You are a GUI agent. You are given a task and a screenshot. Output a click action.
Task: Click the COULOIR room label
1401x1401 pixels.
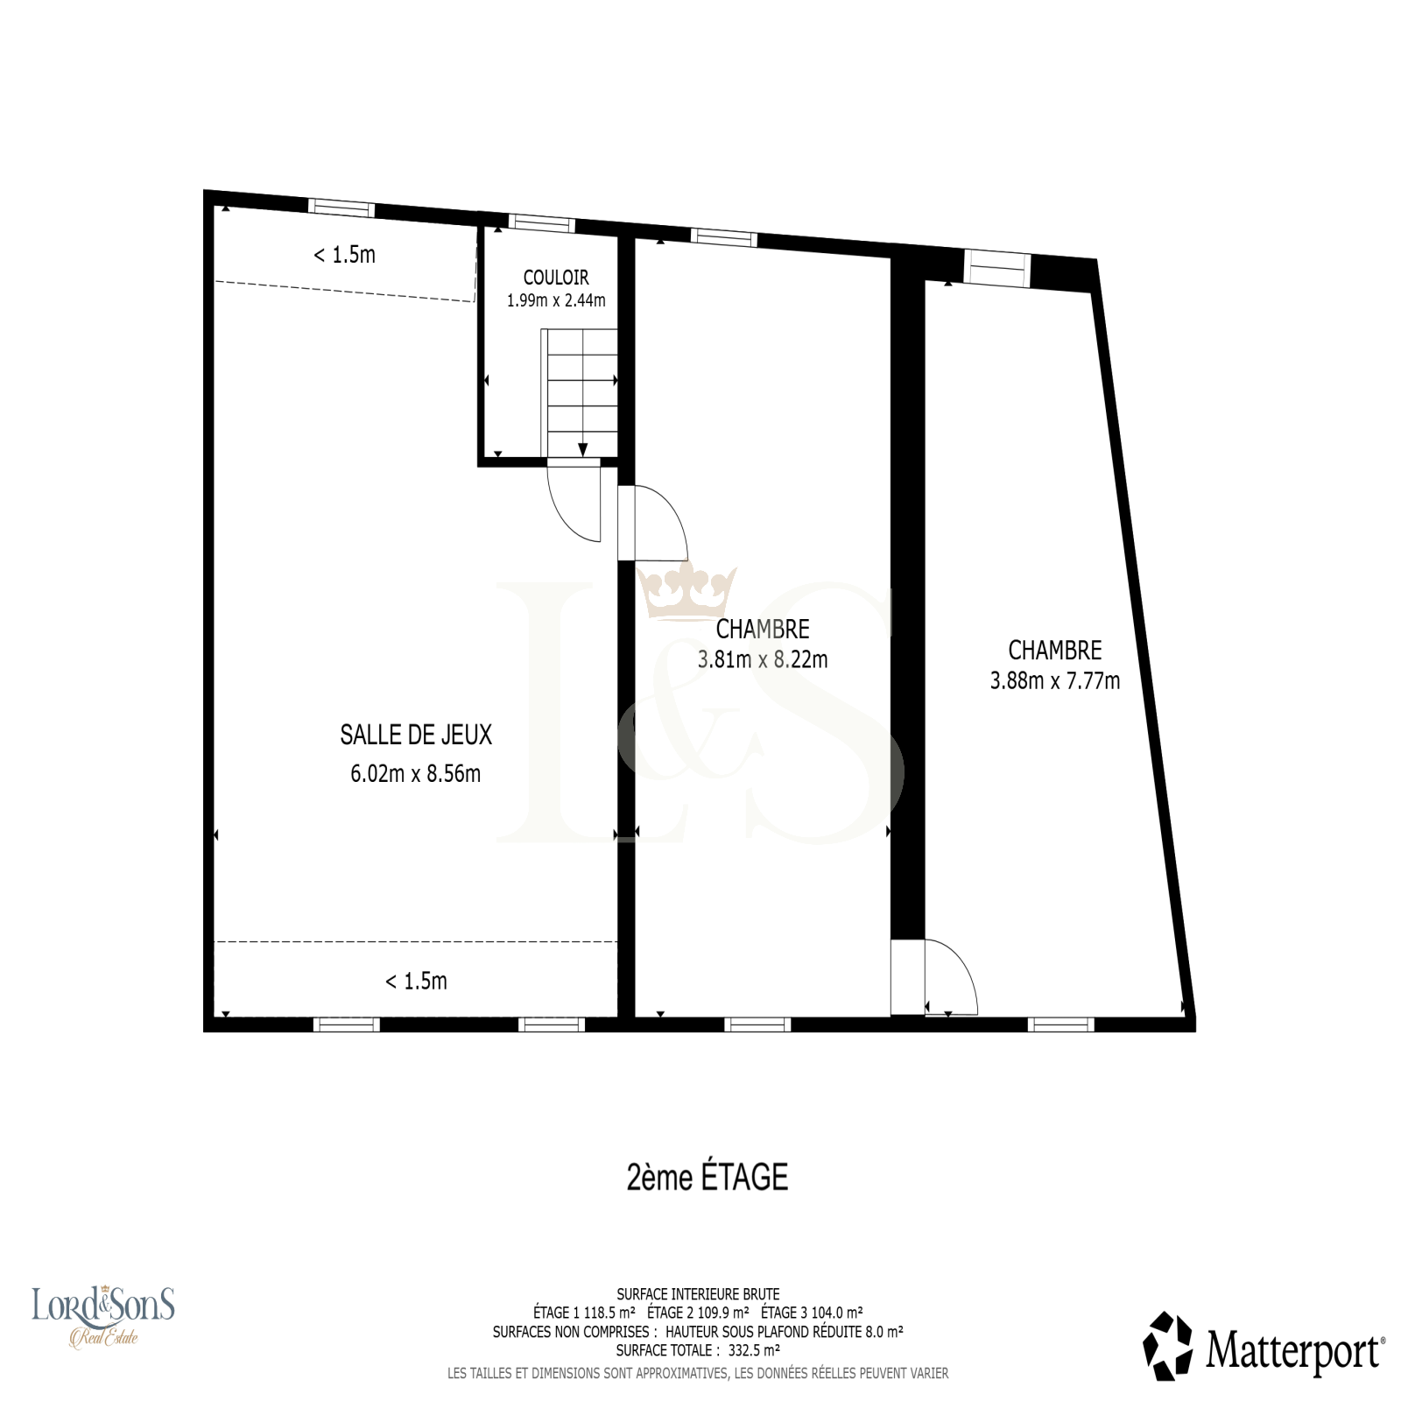(556, 278)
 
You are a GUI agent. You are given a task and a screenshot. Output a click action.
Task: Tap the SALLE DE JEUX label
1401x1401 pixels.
(416, 735)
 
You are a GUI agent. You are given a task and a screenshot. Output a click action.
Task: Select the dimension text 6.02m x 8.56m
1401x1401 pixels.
(416, 774)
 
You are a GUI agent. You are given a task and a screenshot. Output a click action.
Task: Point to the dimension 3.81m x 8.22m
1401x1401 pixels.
(763, 659)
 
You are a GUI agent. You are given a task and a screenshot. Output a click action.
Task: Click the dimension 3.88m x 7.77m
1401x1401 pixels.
(1055, 680)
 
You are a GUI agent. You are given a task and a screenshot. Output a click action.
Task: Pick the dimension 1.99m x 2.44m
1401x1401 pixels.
(556, 300)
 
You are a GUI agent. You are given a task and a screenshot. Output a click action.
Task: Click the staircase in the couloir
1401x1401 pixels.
(580, 393)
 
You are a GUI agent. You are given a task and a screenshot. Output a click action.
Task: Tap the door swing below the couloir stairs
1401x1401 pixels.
(574, 503)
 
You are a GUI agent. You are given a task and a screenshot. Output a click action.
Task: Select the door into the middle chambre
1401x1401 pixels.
(652, 523)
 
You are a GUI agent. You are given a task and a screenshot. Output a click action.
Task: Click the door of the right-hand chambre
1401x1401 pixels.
(934, 977)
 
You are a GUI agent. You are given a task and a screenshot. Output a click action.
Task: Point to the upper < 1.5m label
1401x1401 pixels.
(344, 255)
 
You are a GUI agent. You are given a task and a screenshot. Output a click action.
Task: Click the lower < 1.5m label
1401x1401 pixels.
(416, 981)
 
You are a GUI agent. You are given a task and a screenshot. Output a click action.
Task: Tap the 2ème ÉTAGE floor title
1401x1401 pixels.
(708, 1178)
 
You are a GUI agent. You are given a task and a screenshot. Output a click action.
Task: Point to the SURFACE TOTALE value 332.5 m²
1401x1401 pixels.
(754, 1350)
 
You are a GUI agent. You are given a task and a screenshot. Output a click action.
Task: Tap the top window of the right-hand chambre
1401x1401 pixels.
(997, 266)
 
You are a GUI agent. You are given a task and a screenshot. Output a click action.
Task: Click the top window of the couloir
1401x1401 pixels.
(542, 223)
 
